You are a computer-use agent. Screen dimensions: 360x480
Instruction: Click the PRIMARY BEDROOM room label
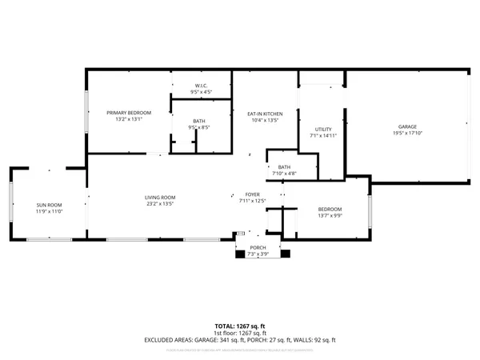coord(128,113)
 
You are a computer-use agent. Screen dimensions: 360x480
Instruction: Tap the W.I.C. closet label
coord(201,86)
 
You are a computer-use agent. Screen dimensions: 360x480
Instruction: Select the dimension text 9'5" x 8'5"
coord(199,127)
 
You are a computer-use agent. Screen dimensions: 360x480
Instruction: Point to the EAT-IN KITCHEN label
coord(264,114)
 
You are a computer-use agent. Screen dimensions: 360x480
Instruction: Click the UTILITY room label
coord(323,129)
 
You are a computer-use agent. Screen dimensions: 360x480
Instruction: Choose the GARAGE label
coord(408,126)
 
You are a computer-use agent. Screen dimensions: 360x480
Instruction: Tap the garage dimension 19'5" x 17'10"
coord(408,134)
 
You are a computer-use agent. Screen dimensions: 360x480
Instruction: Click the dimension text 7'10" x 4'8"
coord(284,174)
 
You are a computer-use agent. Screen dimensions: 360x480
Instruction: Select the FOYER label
coord(252,194)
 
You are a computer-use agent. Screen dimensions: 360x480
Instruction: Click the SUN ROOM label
coord(49,205)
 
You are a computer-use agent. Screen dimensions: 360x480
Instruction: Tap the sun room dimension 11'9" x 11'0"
coord(49,212)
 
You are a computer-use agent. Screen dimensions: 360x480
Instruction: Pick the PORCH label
coord(258,248)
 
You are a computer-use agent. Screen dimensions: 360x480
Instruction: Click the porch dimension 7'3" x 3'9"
coord(258,254)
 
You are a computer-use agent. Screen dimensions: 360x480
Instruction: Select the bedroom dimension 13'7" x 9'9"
coord(330,215)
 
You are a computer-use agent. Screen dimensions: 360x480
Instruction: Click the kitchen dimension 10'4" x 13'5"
coord(264,121)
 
